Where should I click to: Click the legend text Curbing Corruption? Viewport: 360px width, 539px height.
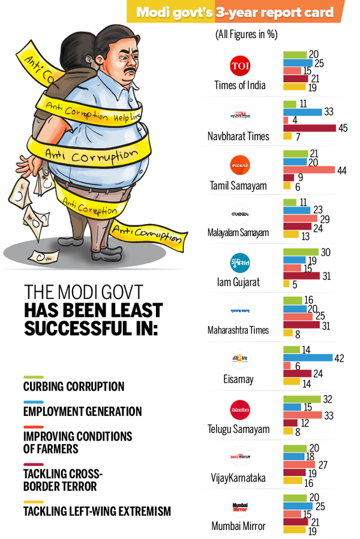(74, 387)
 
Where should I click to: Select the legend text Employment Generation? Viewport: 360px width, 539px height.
(82, 412)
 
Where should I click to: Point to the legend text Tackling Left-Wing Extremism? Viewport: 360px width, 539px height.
(97, 511)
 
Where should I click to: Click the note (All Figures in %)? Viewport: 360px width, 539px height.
(246, 35)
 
